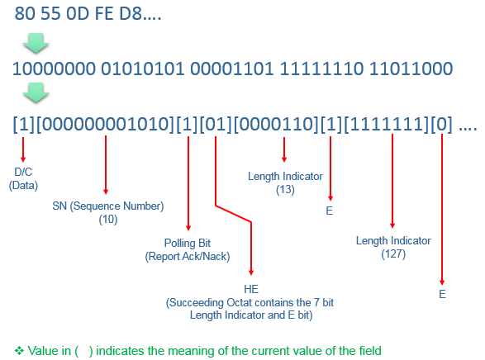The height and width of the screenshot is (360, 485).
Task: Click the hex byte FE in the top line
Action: tap(104, 14)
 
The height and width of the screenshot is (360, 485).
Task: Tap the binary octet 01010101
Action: tap(143, 69)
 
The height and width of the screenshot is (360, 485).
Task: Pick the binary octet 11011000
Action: tap(411, 69)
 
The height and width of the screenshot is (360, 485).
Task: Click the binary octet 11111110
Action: tap(321, 69)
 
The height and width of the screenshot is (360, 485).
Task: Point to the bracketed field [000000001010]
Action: tap(105, 124)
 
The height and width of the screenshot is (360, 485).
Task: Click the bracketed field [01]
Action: tap(216, 124)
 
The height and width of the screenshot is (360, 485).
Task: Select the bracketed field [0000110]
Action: tap(276, 124)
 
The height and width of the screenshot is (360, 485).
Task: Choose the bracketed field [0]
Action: tap(442, 124)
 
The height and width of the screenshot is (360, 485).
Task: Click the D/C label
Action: tap(23, 172)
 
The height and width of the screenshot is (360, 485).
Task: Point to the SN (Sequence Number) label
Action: tap(108, 206)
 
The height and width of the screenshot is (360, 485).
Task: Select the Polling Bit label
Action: tap(188, 243)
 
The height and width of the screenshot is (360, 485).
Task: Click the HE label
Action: tap(251, 289)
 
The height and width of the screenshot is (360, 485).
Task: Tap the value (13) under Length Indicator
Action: tap(285, 189)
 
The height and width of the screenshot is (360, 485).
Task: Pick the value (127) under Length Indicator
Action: tap(393, 254)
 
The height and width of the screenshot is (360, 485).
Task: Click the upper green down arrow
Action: tap(36, 43)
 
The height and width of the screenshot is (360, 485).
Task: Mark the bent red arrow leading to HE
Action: tap(234, 214)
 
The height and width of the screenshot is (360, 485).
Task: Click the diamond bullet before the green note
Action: tap(19, 351)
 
